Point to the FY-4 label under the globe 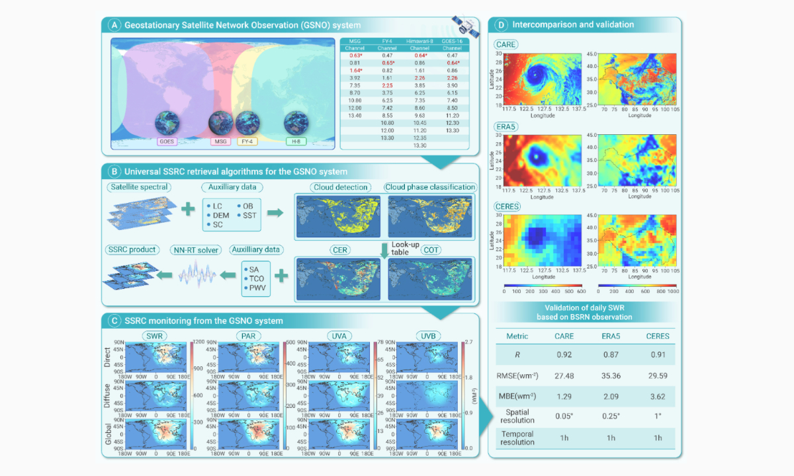click(247, 141)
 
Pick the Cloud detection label click(341, 187)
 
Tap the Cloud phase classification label click(430, 187)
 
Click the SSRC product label click(131, 249)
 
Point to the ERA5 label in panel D click(506, 126)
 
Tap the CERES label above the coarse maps click(508, 206)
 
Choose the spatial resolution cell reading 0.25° click(611, 416)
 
